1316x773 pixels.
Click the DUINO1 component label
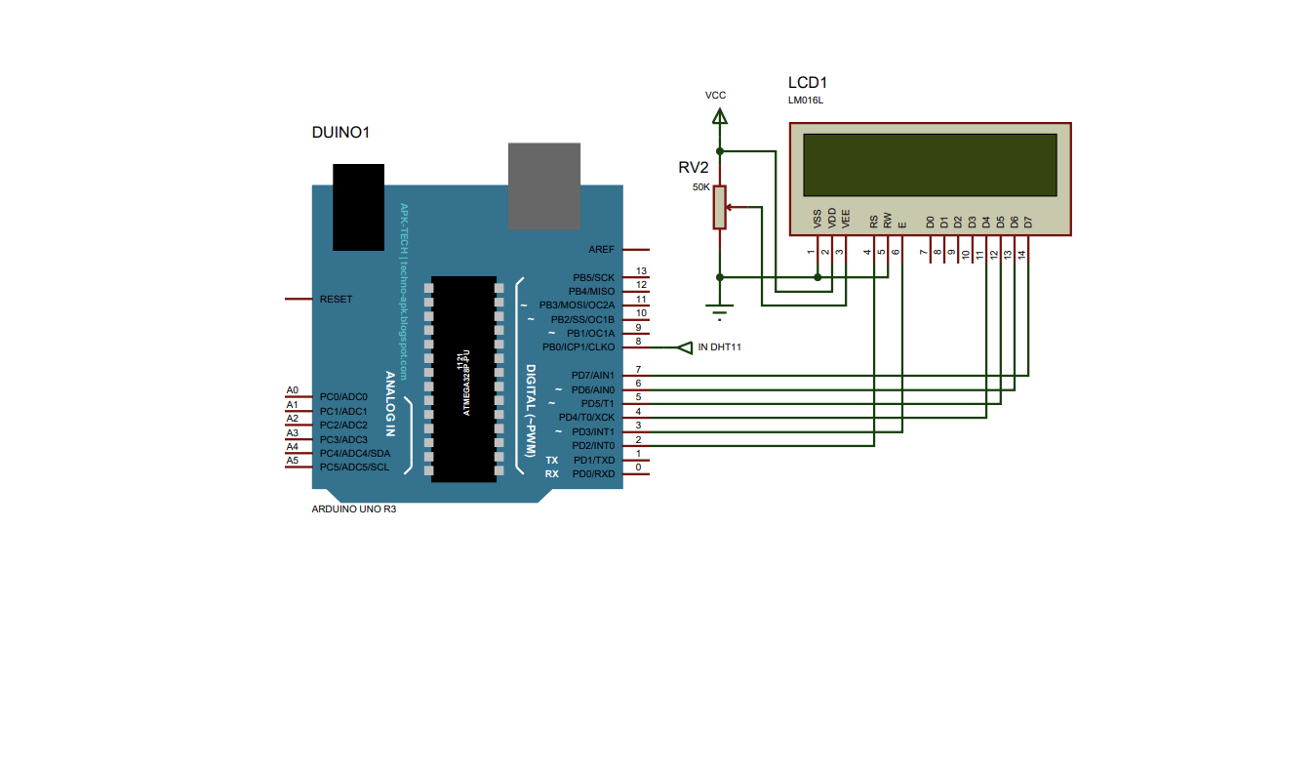tap(339, 132)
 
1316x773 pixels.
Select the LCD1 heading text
tap(807, 83)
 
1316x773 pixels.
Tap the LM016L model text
tap(806, 101)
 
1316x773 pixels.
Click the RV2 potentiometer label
tap(693, 167)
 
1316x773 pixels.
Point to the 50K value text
tap(700, 186)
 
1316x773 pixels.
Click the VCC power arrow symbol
tap(720, 116)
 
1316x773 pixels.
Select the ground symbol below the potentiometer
tap(720, 314)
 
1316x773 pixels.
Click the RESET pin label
tap(337, 299)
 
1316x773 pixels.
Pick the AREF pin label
tap(601, 250)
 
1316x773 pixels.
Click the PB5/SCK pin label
tap(593, 277)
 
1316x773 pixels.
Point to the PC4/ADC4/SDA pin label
tap(355, 453)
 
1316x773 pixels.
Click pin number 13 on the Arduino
tap(641, 271)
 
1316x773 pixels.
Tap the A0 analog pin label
tap(292, 390)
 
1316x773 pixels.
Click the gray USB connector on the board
tap(544, 186)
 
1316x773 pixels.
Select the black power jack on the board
tap(358, 207)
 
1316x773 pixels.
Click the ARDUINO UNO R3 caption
tap(353, 509)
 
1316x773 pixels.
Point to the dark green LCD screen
tap(930, 164)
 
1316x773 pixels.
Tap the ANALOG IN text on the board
tap(390, 403)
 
